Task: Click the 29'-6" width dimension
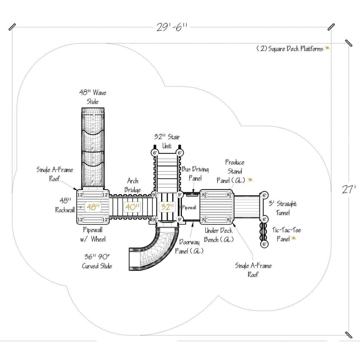coord(171,27)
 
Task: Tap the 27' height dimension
coord(349,190)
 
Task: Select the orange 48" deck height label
coord(94,207)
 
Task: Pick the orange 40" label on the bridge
coord(132,207)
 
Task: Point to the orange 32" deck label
coord(167,207)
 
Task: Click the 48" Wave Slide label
coord(93,97)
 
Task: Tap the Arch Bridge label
coord(133,185)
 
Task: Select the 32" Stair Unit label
coord(167,142)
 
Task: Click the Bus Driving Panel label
coord(195,174)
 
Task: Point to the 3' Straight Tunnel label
coord(283,208)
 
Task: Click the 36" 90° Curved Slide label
coord(97,261)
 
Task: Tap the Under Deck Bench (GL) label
coord(218,235)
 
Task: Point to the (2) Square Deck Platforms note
coord(290,49)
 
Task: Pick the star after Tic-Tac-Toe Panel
coord(293,238)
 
